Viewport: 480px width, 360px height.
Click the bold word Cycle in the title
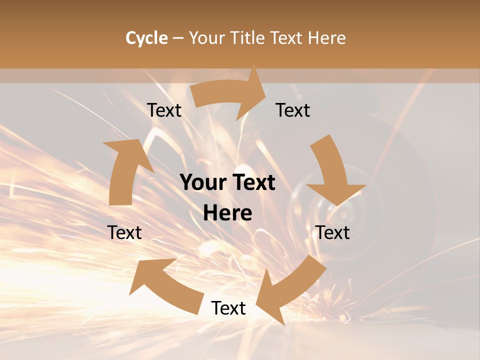coord(146,38)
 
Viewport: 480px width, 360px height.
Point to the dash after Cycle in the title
coord(178,38)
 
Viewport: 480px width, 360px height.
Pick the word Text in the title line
coord(287,38)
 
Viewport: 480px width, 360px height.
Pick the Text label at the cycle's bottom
coord(228,308)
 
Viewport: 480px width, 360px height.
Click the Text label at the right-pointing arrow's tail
coord(164,110)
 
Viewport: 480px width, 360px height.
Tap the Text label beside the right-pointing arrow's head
coord(293,110)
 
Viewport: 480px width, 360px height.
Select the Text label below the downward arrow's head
coord(333,232)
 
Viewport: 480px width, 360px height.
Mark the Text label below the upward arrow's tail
coord(125,232)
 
